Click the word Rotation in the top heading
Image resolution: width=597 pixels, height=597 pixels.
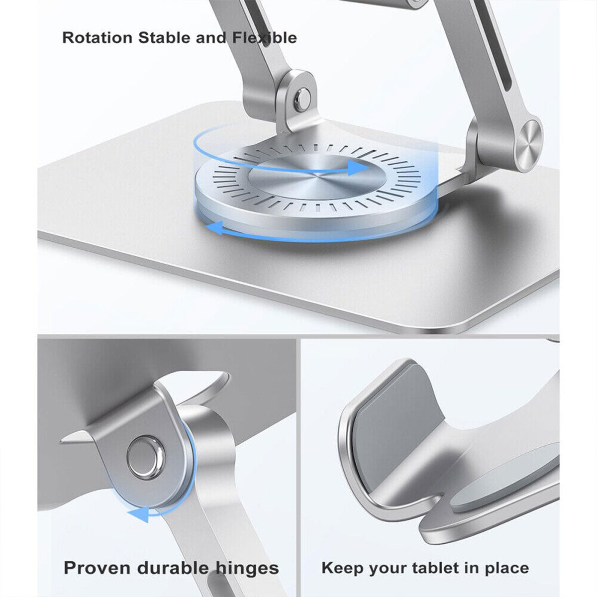[x=98, y=38]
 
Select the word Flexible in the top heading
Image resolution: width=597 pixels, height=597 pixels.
[x=264, y=38]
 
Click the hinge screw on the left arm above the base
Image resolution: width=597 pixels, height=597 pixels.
[x=302, y=100]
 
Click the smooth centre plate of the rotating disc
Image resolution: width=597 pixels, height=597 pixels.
[x=313, y=177]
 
